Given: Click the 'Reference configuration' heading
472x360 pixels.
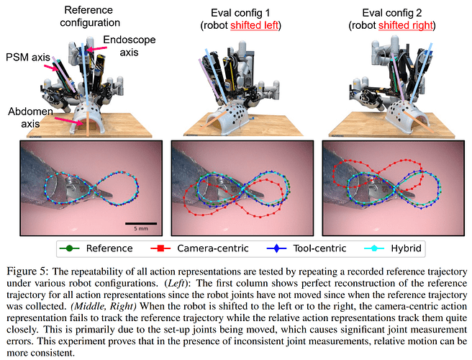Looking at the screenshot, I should point(91,17).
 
